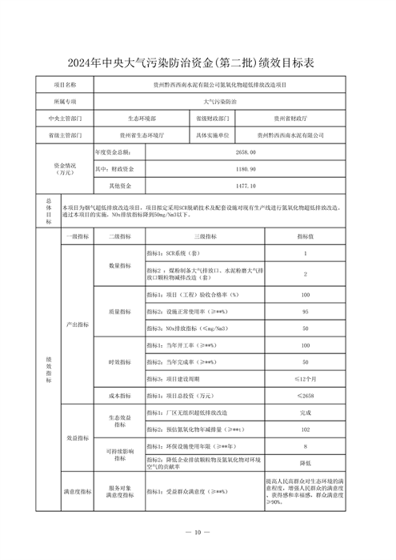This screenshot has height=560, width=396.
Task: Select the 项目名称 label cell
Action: click(65, 83)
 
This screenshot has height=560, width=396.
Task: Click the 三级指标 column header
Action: click(206, 237)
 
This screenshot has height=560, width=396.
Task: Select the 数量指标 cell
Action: click(118, 265)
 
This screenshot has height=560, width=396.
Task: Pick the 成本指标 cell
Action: click(118, 396)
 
